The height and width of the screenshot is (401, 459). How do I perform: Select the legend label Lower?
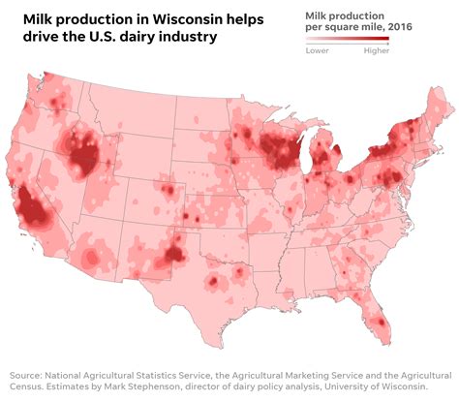[317, 51]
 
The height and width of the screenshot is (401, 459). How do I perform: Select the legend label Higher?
[377, 51]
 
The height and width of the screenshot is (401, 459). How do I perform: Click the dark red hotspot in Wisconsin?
[281, 150]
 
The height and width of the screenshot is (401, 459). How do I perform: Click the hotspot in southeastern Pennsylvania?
[389, 177]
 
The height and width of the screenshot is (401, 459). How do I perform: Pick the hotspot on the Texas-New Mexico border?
[174, 254]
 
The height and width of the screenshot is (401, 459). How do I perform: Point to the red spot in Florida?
[381, 322]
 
